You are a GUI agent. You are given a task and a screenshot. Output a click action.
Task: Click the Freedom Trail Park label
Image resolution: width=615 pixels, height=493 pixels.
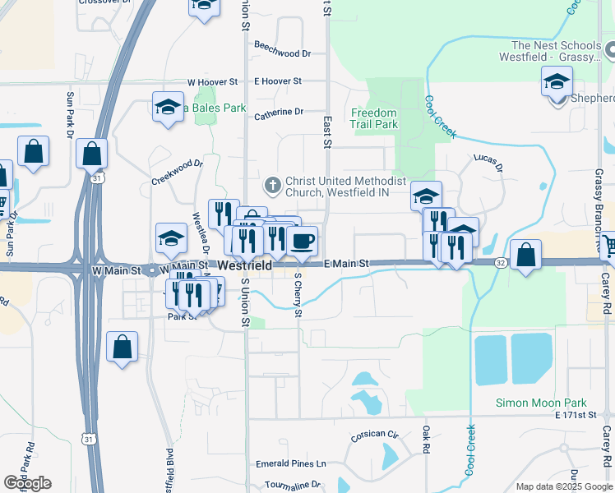coord(374,118)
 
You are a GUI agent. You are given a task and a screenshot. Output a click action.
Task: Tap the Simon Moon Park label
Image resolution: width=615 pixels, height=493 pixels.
coord(541,403)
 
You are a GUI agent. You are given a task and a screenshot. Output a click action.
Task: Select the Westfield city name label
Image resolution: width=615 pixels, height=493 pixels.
coord(244,266)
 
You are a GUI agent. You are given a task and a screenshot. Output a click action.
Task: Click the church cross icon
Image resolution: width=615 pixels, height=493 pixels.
coord(274,182)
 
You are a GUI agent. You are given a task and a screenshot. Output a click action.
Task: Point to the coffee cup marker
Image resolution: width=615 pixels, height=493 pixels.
coord(303,241)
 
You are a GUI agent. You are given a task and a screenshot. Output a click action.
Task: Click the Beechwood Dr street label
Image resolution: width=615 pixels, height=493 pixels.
coord(283,53)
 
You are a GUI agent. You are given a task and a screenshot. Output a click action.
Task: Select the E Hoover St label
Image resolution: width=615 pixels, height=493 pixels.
coord(279,81)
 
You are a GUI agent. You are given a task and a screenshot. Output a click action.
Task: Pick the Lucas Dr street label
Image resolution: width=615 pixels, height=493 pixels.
coord(488,163)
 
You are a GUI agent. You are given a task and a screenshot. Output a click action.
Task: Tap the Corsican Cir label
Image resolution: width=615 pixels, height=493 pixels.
coord(375,435)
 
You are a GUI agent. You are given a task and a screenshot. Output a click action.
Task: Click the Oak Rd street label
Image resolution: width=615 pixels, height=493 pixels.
coord(426,440)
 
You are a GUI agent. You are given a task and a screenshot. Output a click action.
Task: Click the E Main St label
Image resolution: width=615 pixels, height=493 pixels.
coord(347,264)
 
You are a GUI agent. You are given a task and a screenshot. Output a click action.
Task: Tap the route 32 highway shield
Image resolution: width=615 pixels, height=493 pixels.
coord(500,262)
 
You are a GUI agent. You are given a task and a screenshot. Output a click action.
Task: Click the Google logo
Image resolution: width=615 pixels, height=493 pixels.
coord(27,483)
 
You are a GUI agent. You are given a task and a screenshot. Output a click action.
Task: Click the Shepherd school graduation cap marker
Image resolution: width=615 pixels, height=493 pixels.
coord(557,82)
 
